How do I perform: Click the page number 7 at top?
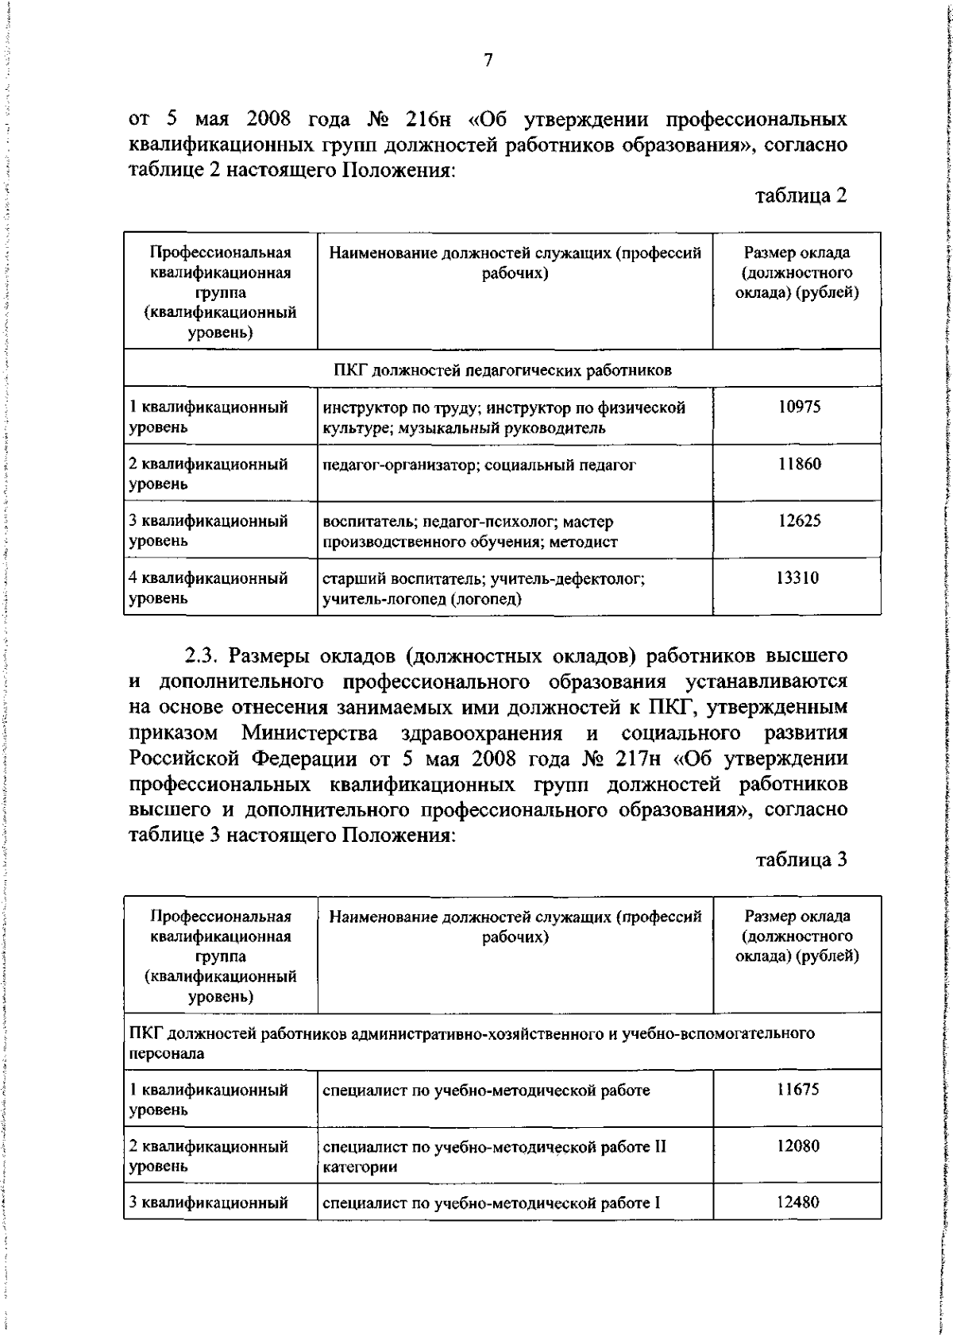[488, 60]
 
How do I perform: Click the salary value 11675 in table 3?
[798, 1089]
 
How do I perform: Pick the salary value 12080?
[798, 1146]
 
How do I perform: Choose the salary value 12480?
[798, 1202]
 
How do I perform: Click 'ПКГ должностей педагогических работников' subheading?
[502, 370]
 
